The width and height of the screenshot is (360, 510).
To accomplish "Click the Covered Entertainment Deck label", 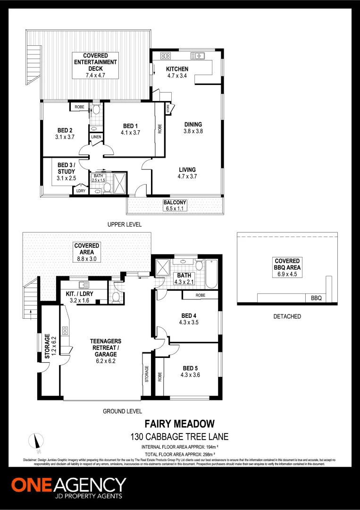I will coord(95,65).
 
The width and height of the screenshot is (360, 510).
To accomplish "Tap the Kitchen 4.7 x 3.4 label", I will coord(177,72).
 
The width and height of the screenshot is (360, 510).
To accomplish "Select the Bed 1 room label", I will coord(130,129).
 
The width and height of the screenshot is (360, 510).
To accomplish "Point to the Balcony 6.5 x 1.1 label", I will coord(175,205).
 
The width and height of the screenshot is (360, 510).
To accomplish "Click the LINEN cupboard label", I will coord(96,137).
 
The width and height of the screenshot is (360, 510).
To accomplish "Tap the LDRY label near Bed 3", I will coord(80,191).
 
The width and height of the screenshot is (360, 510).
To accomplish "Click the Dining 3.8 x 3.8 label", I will coord(193,128).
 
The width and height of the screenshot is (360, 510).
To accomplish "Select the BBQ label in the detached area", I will coord(316,299).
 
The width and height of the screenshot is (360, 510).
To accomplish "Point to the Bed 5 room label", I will coord(191,372).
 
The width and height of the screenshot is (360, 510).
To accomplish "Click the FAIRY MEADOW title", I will coord(179,424).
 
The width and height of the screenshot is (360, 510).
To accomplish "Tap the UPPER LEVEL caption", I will coord(124,224).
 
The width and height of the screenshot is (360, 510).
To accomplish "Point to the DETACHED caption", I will coord(287,316).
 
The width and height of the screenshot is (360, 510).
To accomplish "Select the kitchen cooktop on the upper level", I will coord(165,56).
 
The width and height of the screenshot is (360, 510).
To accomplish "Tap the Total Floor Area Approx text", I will coord(179,454).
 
